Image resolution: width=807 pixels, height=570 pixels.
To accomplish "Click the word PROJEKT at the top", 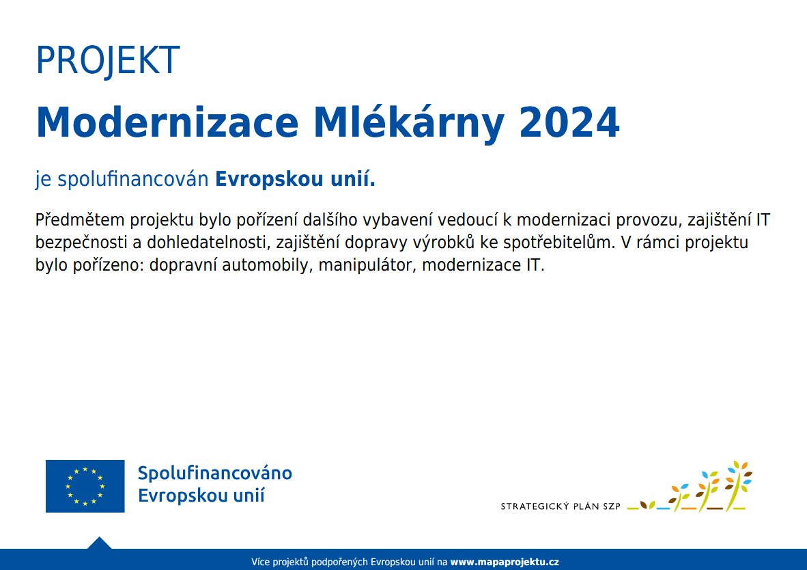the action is [x=108, y=60].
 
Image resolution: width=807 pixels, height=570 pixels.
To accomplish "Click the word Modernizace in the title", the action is [x=167, y=122].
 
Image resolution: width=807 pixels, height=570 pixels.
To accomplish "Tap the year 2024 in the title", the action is [x=569, y=122].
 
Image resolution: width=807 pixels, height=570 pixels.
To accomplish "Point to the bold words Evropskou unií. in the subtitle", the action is [x=295, y=179].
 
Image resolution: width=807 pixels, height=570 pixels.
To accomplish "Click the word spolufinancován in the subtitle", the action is [x=132, y=180].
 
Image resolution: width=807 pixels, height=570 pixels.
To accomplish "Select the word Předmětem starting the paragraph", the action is [x=80, y=219].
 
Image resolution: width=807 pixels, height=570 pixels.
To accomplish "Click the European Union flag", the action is [x=85, y=486].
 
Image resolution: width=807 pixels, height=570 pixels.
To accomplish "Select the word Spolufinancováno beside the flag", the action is [x=214, y=473].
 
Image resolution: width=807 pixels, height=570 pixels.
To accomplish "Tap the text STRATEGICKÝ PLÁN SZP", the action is [x=561, y=506].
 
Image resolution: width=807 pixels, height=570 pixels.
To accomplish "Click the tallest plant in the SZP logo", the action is [x=739, y=485].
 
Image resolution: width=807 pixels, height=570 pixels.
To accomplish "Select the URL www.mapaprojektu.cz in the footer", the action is [x=505, y=562].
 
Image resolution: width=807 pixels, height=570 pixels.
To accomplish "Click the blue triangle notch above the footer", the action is [x=99, y=543].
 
